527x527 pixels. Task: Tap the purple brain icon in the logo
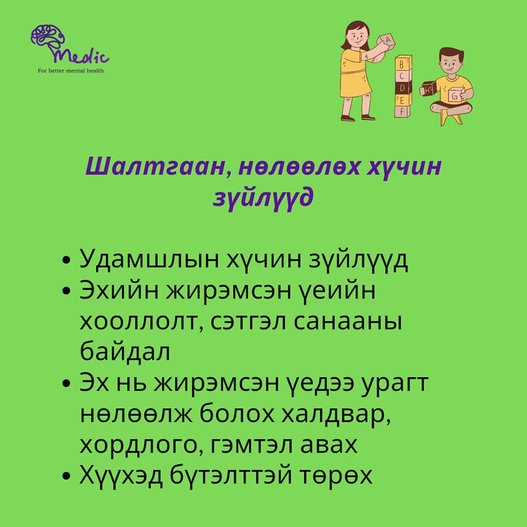48,38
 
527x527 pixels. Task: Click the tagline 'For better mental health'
71,71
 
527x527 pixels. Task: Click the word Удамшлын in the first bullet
149,259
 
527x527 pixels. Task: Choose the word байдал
125,351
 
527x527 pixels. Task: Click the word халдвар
336,415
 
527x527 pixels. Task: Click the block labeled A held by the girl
385,41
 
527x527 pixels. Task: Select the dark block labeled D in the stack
402,88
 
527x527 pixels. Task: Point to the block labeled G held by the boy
455,95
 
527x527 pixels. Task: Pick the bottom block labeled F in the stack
402,111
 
